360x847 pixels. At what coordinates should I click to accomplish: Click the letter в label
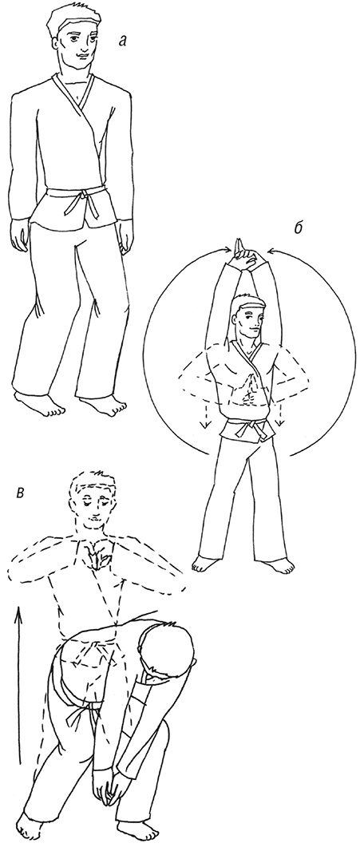tap(19, 493)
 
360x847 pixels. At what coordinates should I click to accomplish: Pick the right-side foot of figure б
tap(279, 566)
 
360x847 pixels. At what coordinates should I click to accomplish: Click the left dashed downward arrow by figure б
tap(205, 416)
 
